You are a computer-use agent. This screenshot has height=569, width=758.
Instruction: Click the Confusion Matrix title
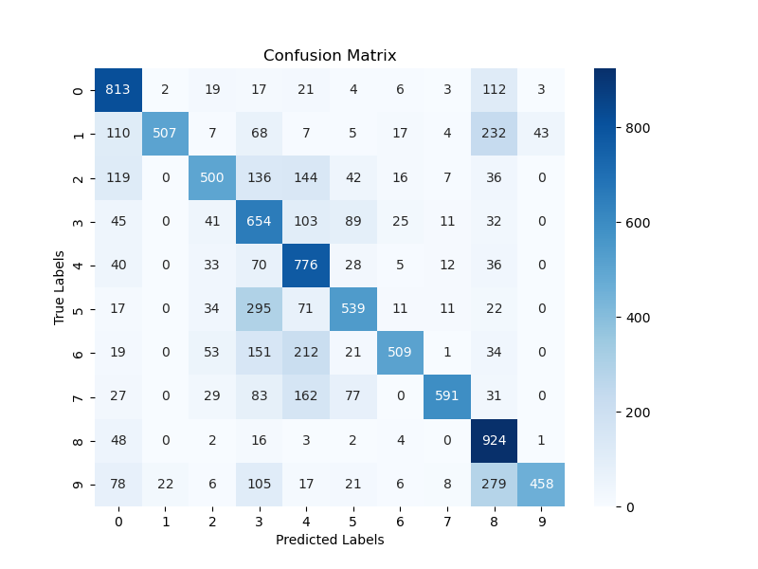pos(330,55)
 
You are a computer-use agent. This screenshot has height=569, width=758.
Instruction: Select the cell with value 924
pos(494,441)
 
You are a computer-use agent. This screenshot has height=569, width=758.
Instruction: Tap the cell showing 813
pos(118,90)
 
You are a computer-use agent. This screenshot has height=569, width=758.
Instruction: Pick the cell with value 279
pos(494,485)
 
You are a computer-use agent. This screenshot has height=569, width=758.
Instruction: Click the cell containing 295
pos(260,309)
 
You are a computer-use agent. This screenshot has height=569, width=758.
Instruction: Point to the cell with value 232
pos(494,134)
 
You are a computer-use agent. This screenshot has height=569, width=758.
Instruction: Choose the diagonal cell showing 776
pos(306,266)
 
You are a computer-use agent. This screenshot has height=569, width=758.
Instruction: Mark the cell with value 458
pos(541,485)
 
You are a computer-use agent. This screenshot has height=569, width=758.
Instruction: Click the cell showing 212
pos(306,354)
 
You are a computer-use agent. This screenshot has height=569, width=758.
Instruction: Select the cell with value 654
pos(260,222)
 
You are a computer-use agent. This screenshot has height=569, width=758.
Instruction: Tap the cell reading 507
pos(166,134)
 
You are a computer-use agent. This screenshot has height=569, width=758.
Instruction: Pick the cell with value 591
pos(447,397)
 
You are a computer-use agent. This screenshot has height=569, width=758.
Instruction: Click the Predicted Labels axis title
pos(330,540)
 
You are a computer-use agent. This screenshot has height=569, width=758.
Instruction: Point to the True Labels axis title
pos(59,287)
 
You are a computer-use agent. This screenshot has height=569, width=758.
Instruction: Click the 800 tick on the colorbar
pos(638,127)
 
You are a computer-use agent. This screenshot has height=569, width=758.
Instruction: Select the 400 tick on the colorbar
pos(638,317)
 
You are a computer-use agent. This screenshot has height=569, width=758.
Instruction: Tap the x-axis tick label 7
pos(447,520)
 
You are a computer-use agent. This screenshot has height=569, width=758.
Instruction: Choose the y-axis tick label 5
pos(79,309)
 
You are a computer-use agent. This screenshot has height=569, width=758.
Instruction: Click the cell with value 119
pos(118,178)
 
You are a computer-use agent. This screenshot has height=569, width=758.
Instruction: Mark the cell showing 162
pos(306,397)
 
